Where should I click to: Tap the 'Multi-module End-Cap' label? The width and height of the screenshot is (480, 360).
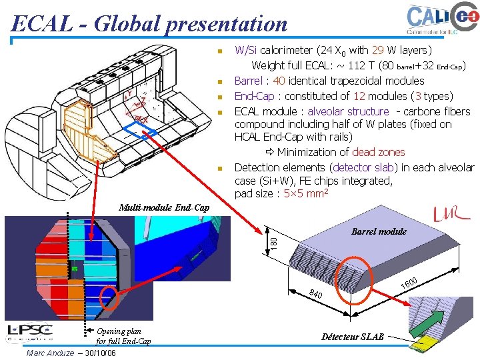pos(163,208)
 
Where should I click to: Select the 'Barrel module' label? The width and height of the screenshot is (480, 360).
pos(378,232)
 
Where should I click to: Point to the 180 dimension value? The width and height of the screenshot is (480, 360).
pos(273,239)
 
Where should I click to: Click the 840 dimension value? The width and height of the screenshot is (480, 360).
pos(316,293)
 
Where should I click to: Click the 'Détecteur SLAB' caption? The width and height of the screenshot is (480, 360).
pos(352,337)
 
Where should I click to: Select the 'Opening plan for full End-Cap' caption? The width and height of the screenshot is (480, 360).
pos(123,337)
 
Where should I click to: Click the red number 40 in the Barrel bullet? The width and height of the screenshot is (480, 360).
pos(279,81)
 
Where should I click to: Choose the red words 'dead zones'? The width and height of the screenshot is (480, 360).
pos(378,153)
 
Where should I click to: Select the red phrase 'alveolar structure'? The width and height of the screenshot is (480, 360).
pos(348,111)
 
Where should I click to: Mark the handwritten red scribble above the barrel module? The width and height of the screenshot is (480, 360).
pos(451,214)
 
